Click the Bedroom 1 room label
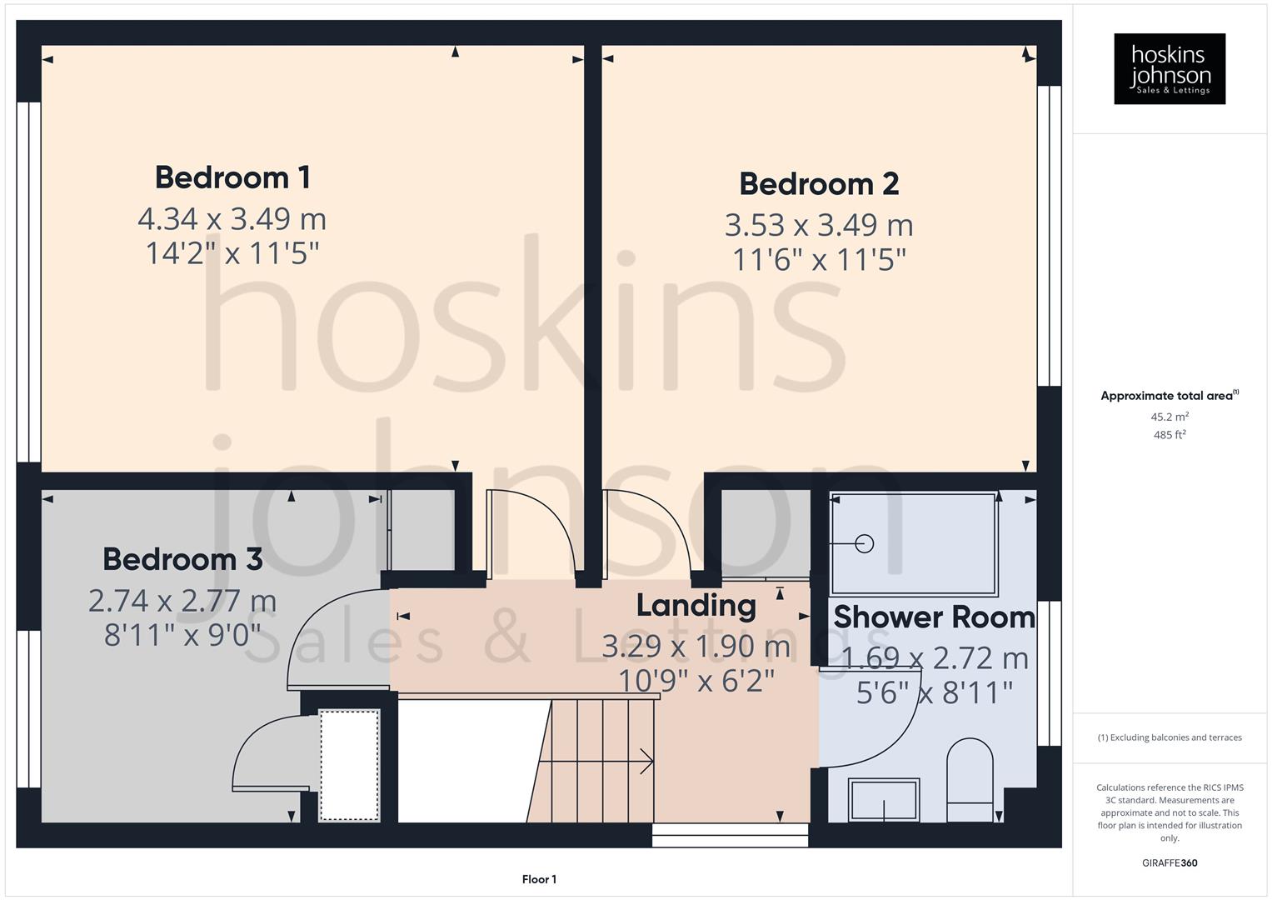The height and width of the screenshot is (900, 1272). [232, 177]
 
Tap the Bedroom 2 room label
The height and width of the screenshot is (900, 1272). [819, 184]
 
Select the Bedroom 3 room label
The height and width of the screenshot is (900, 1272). [182, 559]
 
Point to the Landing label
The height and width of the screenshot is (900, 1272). [696, 606]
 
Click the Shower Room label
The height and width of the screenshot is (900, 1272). [934, 617]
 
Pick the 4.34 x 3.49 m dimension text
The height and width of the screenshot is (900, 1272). [232, 219]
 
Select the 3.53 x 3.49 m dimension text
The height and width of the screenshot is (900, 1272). [819, 225]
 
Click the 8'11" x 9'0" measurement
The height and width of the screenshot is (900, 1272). [182, 635]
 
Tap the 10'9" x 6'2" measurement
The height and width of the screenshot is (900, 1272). [696, 681]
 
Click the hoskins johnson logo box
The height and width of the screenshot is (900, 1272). [1170, 69]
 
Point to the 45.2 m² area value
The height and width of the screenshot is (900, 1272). [1170, 417]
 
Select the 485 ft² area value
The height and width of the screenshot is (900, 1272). [1170, 435]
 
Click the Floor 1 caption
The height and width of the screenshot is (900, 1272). [539, 879]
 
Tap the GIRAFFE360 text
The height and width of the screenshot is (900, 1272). [1170, 863]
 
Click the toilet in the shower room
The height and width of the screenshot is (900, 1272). [970, 779]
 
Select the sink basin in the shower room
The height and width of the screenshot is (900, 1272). [884, 800]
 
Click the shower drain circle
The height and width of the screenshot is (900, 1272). [865, 544]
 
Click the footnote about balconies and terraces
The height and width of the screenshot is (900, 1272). [1170, 737]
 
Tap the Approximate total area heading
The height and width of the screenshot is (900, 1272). [1170, 396]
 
